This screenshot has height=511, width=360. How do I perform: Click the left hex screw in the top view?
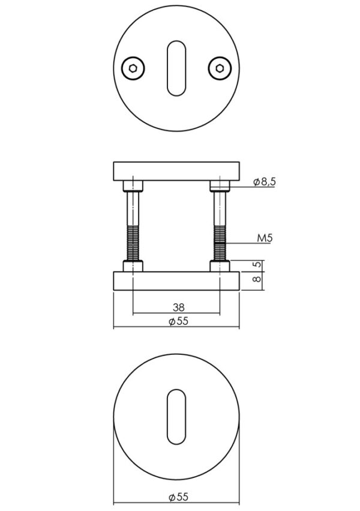pyautogui.click(x=133, y=68)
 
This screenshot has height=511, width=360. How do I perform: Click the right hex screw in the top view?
pyautogui.click(x=220, y=68)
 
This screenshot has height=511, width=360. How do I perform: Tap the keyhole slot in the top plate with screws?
pyautogui.click(x=176, y=68)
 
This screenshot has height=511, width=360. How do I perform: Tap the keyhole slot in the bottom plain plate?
pyautogui.click(x=176, y=417)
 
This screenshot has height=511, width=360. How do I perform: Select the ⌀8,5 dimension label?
pyautogui.click(x=265, y=181)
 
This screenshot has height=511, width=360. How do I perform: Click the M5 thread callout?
pyautogui.click(x=265, y=238)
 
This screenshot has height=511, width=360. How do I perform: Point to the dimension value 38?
pyautogui.click(x=178, y=307)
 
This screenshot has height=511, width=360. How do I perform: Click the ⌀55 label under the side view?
pyautogui.click(x=178, y=321)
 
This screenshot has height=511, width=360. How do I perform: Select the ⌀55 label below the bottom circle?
pyautogui.click(x=178, y=497)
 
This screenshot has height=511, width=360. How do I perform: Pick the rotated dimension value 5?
pyautogui.click(x=257, y=265)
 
